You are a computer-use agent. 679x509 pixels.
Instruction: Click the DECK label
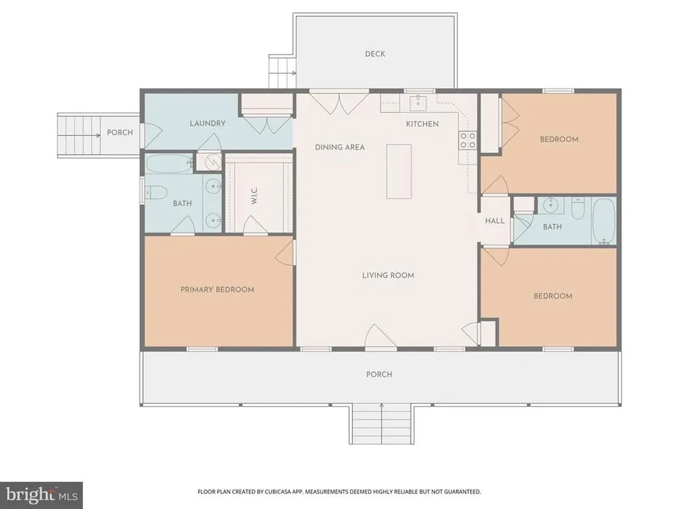pyautogui.click(x=375, y=54)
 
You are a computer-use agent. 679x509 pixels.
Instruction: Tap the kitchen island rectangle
pyautogui.click(x=399, y=171)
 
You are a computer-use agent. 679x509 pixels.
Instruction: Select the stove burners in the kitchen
pyautogui.click(x=467, y=140)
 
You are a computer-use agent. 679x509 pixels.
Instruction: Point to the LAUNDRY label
pyautogui.click(x=208, y=123)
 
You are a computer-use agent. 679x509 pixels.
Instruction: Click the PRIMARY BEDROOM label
pyautogui.click(x=217, y=290)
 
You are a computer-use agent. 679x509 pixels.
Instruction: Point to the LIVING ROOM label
pyautogui.click(x=388, y=275)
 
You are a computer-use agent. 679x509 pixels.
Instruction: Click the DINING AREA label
pyautogui.click(x=339, y=147)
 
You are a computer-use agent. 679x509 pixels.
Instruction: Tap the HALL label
pyautogui.click(x=495, y=221)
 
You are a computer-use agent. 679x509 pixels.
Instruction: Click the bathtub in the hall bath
pyautogui.click(x=603, y=221)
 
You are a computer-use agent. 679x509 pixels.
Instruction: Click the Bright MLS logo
pyautogui.click(x=40, y=494)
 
